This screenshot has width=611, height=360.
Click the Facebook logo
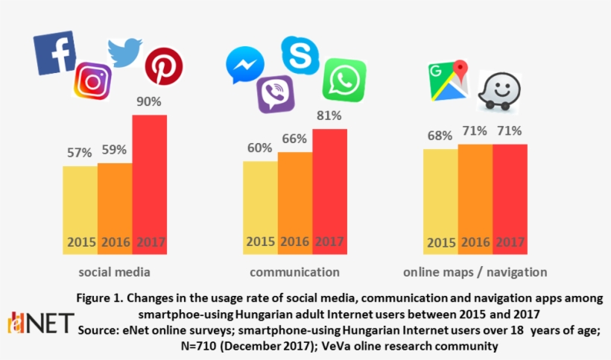[54, 53]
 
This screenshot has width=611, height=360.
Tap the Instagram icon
[92, 80]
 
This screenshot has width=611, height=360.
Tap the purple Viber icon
[275, 95]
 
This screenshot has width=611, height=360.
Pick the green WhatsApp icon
[344, 79]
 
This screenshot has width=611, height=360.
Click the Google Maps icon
[447, 80]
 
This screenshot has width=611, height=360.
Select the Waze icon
[498, 90]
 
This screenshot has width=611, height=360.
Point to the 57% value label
[79, 152]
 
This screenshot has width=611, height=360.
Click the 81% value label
[329, 116]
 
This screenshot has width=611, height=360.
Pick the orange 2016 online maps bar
[475, 198]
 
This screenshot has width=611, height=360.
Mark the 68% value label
[440, 136]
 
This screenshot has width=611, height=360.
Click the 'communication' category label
[294, 271]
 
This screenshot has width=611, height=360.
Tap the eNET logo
[41, 323]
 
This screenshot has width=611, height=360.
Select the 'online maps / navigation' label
[475, 271]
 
